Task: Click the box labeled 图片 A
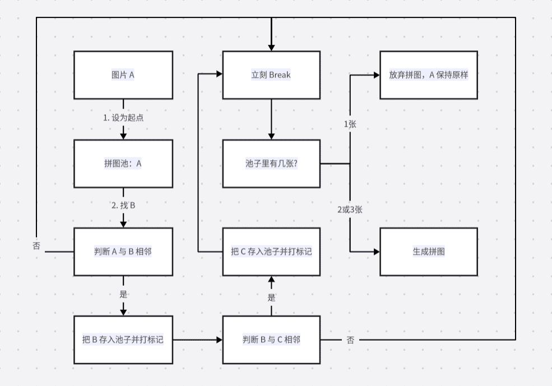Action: click(123, 75)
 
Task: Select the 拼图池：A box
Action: click(123, 164)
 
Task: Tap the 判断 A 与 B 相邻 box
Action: click(123, 252)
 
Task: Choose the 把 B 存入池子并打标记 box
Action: click(123, 340)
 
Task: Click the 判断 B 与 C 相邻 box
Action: click(271, 340)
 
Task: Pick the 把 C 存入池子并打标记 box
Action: click(271, 252)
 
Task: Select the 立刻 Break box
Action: click(271, 75)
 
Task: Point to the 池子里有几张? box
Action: click(271, 164)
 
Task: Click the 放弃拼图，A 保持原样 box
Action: click(429, 75)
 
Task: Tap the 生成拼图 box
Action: click(429, 252)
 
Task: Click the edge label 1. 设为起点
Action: click(123, 118)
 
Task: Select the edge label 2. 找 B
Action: click(123, 206)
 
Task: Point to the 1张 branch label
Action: click(350, 124)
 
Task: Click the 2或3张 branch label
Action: click(350, 210)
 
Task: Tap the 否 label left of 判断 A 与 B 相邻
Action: click(36, 245)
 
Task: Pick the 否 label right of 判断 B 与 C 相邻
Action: click(350, 340)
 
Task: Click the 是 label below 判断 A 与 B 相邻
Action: click(123, 294)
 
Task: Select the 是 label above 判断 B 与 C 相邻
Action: click(271, 297)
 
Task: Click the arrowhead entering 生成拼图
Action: click(377, 252)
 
